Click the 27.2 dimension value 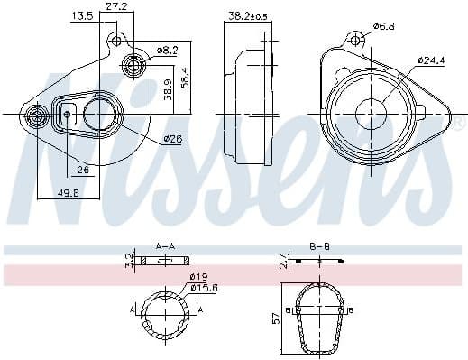click(x=116, y=6)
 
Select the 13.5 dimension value click(x=82, y=16)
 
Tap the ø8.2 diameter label click(x=167, y=50)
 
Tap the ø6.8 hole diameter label click(x=384, y=27)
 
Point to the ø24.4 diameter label click(x=431, y=60)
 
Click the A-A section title click(x=165, y=245)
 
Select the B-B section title click(x=320, y=245)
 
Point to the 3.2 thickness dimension click(x=128, y=262)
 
